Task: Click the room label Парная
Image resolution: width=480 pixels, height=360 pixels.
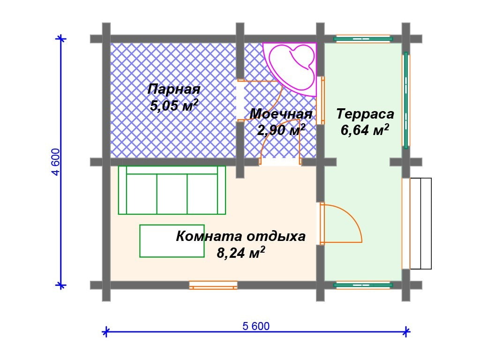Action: coord(173,90)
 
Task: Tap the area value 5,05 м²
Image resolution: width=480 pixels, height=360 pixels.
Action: coord(174,105)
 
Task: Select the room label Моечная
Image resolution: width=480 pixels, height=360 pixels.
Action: coord(281,114)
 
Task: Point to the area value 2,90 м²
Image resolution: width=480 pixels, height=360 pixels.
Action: coord(281,130)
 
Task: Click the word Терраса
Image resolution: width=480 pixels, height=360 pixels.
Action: coord(365,114)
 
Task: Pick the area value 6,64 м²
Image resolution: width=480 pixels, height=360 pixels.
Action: coord(365,130)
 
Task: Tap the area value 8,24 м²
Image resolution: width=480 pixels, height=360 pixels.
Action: coord(241,253)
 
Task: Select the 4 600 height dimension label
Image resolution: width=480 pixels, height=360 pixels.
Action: coord(56,162)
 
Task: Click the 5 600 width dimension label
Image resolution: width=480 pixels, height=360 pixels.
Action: coord(256,326)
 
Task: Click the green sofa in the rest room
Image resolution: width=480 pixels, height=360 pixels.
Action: coord(172,190)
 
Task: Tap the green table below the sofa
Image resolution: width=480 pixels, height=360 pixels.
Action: coord(172,241)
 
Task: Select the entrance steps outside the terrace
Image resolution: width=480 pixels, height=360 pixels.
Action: coord(420,224)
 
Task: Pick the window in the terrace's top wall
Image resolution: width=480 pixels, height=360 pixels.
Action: coord(363,39)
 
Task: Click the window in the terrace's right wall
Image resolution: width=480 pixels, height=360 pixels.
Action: coord(406,100)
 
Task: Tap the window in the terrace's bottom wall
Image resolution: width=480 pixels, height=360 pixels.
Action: coord(363,285)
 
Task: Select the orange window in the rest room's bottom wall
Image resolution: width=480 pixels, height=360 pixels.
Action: coord(213,285)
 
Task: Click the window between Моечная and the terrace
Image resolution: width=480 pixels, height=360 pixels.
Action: coord(320,100)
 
